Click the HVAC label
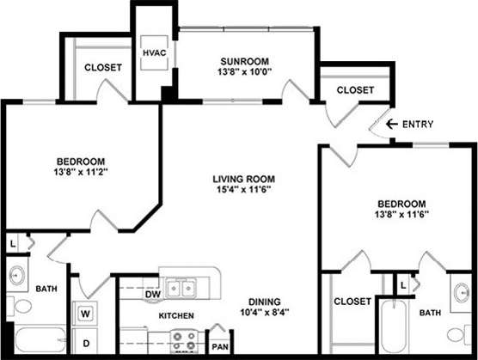pyautogui.click(x=155, y=52)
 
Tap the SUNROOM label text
pyautogui.click(x=244, y=61)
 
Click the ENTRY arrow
pyautogui.click(x=392, y=124)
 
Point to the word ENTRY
pyautogui.click(x=417, y=124)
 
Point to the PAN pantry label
pyautogui.click(x=219, y=347)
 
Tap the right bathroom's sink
pyautogui.click(x=461, y=290)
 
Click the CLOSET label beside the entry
pyautogui.click(x=355, y=90)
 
